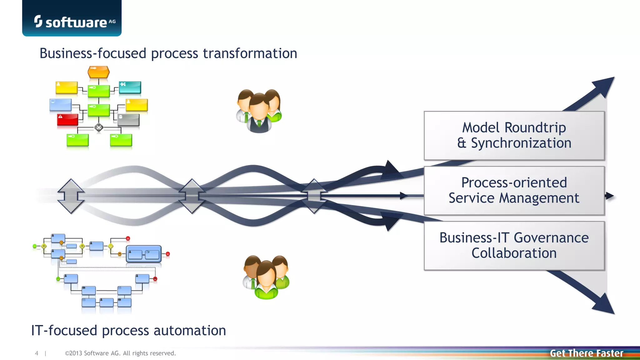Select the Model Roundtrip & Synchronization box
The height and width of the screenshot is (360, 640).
pyautogui.click(x=514, y=136)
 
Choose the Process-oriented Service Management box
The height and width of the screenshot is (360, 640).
pyautogui.click(x=514, y=191)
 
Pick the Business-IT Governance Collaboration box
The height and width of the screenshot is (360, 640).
pyautogui.click(x=514, y=246)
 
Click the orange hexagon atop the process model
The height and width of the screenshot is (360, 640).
pyautogui.click(x=98, y=72)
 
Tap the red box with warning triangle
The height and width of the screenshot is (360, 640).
pyautogui.click(x=67, y=120)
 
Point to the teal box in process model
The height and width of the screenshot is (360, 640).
pyautogui.click(x=130, y=87)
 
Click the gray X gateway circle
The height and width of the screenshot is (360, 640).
pyautogui.click(x=99, y=127)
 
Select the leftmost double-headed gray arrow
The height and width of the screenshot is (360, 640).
pyautogui.click(x=71, y=196)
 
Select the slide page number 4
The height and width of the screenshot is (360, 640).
pyautogui.click(x=37, y=353)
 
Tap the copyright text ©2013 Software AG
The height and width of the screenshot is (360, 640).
pyautogui.click(x=120, y=353)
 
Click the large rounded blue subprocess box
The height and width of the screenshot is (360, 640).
pyautogui.click(x=144, y=254)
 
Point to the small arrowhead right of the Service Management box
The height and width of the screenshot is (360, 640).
pyautogui.click(x=609, y=196)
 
